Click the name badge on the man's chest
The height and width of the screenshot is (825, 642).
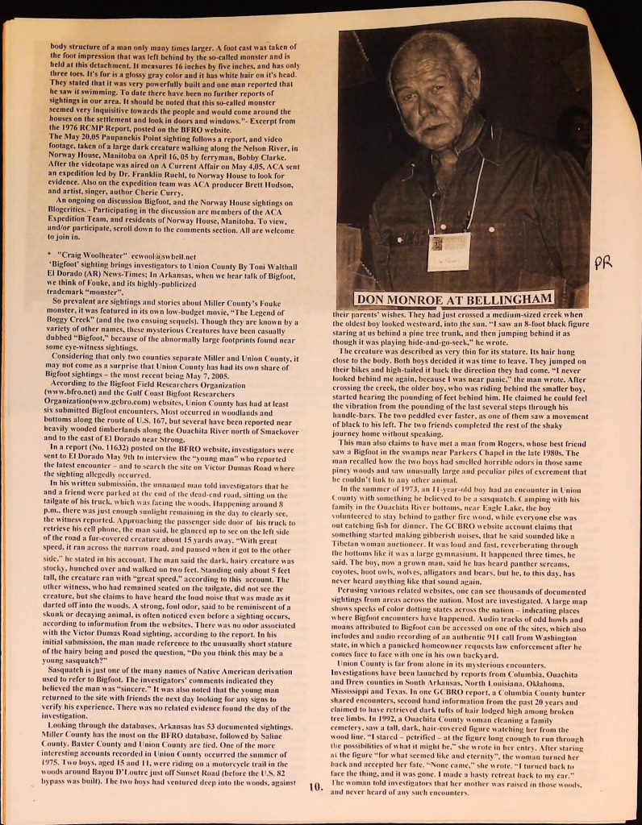click(448, 251)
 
